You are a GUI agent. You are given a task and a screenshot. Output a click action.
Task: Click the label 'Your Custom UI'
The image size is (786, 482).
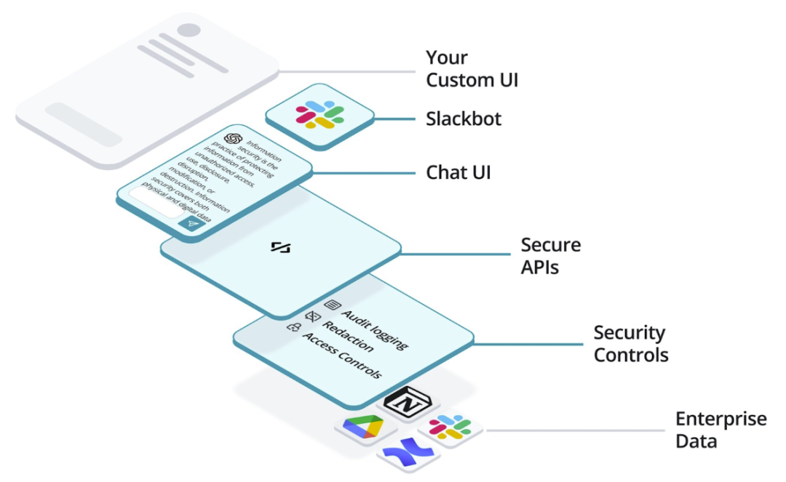pos(472,68)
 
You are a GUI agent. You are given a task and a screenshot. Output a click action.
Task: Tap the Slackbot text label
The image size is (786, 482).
pos(464,119)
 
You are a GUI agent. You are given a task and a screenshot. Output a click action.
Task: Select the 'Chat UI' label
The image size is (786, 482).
pos(458,172)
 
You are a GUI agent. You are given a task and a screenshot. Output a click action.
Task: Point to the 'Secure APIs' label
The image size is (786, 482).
pos(550,256)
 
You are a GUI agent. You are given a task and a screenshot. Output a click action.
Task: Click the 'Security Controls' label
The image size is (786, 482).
pos(630,343)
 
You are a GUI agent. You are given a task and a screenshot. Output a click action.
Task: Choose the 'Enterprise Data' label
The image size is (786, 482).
pos(720,430)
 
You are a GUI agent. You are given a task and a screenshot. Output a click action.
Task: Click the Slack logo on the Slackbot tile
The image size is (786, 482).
pos(319,115)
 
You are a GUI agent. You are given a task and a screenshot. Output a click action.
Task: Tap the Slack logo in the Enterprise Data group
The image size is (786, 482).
pos(450,427)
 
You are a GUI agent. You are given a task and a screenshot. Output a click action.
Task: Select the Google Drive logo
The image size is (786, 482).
pos(363,427)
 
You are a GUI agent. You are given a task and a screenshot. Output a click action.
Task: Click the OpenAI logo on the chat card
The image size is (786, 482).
pos(233,139)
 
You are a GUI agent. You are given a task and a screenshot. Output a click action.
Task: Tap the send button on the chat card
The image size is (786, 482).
pos(192,224)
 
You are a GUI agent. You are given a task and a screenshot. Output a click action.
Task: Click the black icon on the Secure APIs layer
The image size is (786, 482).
pos(281,246)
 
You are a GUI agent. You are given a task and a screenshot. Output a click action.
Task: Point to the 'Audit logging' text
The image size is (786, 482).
pos(375,329)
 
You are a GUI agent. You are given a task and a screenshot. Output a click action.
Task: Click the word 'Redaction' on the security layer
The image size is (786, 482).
pos(348,337)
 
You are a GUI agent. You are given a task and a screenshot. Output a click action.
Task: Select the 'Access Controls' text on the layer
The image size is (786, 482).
pos(342,356)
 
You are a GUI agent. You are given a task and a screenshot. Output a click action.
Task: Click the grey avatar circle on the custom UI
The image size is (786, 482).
pos(189,30)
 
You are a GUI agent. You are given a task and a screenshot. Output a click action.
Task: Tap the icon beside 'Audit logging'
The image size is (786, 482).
pos(333,305)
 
